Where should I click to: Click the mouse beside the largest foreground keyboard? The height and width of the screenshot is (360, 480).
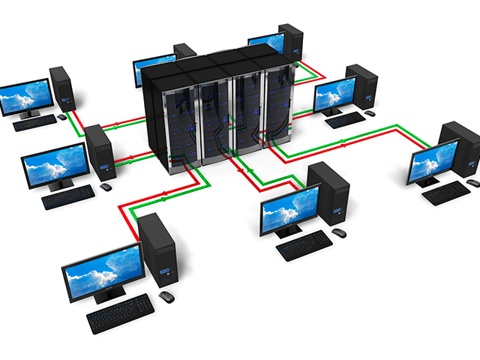click(166, 297)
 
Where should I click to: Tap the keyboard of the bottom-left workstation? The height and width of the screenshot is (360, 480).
click(120, 312)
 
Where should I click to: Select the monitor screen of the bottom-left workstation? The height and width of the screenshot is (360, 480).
click(101, 270)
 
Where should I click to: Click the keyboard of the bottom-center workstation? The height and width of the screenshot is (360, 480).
click(304, 245)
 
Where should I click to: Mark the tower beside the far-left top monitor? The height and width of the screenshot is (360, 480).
click(62, 90)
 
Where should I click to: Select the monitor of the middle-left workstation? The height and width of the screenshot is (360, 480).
click(55, 167)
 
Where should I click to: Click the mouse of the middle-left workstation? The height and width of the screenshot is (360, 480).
click(106, 186)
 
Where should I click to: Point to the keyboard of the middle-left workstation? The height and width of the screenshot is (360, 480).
click(67, 196)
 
